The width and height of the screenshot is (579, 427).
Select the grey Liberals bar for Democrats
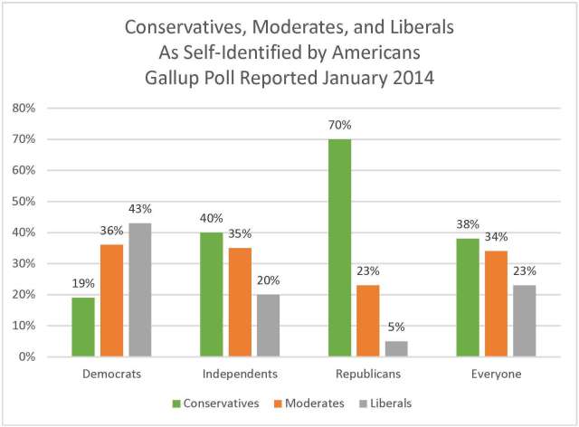click(x=139, y=289)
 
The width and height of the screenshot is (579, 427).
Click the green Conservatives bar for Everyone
click(x=469, y=298)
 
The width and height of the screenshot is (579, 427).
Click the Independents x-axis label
click(x=240, y=373)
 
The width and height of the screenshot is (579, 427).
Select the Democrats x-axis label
click(x=113, y=373)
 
